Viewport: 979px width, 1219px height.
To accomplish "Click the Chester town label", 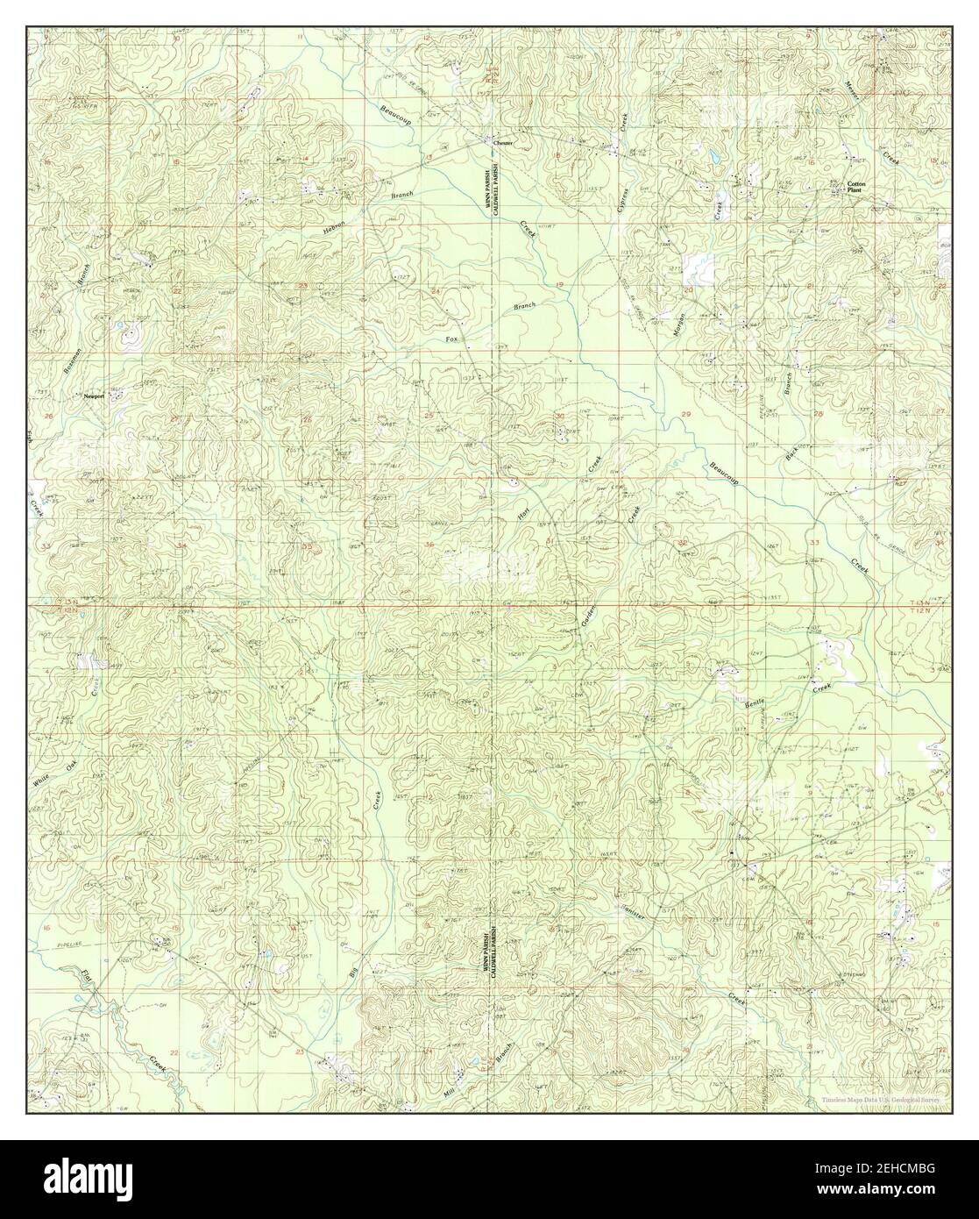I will [x=503, y=142].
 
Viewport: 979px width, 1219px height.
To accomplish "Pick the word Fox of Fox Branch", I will [x=452, y=339].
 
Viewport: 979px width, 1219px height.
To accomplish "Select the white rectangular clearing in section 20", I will [x=699, y=267].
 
